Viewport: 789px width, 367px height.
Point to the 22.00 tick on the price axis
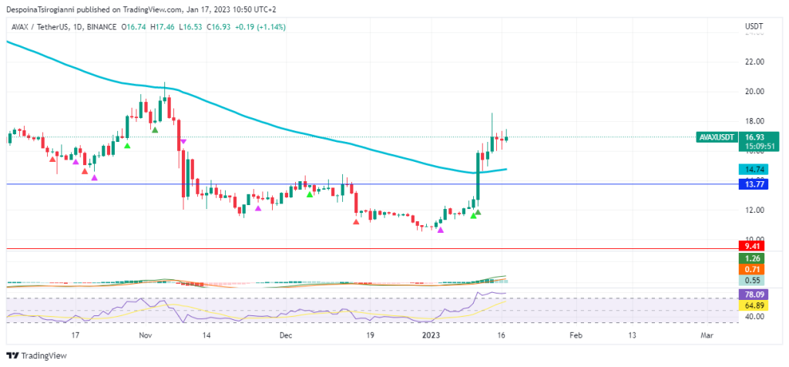pyautogui.click(x=754, y=62)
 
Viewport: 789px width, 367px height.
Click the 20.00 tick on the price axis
pyautogui.click(x=754, y=91)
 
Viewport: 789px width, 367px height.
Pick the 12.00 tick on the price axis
pyautogui.click(x=754, y=210)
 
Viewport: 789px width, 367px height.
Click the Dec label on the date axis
pyautogui.click(x=286, y=335)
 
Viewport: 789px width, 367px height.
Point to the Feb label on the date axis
pyautogui.click(x=576, y=335)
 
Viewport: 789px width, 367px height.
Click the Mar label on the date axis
pyautogui.click(x=707, y=335)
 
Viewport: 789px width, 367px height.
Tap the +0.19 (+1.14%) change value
pyautogui.click(x=259, y=26)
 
